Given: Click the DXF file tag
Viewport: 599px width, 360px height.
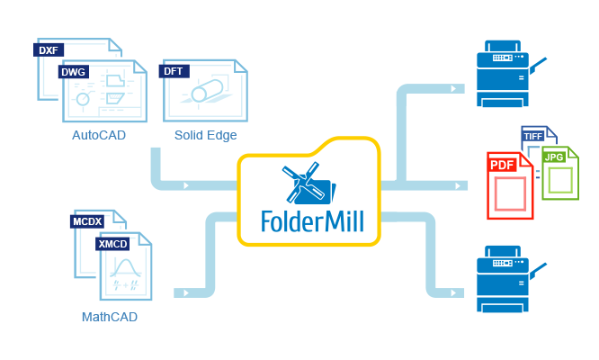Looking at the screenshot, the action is (x=49, y=50).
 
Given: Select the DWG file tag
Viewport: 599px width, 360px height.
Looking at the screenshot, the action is (x=74, y=72).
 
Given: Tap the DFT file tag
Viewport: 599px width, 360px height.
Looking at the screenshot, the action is (x=174, y=71).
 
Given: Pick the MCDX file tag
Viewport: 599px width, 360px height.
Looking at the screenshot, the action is (x=87, y=221).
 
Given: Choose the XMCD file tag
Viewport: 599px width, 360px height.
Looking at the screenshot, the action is (x=112, y=244).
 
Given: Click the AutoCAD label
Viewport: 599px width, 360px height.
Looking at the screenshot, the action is (x=99, y=135).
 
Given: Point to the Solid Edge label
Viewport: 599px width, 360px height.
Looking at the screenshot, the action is (x=206, y=135).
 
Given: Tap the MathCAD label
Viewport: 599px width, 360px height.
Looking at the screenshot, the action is (x=110, y=317).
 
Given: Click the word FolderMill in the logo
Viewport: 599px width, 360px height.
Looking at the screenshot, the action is (x=312, y=221).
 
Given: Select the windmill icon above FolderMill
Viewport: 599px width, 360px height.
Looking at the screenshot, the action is (x=308, y=184).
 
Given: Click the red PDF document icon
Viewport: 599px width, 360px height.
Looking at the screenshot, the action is (x=510, y=185).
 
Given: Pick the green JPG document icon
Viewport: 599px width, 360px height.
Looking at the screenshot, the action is (x=560, y=174).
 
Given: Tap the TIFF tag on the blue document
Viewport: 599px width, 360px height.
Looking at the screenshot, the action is (x=533, y=137).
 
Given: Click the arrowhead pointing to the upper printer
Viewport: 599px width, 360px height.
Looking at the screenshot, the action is (x=453, y=89).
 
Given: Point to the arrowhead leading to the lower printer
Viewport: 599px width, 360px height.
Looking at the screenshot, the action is (x=453, y=293).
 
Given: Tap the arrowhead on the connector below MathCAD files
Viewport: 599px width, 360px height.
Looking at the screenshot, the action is (x=186, y=293).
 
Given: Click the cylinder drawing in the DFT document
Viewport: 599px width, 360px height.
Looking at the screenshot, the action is (x=207, y=91).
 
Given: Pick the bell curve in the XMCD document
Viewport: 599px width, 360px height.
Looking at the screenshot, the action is (x=126, y=268).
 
